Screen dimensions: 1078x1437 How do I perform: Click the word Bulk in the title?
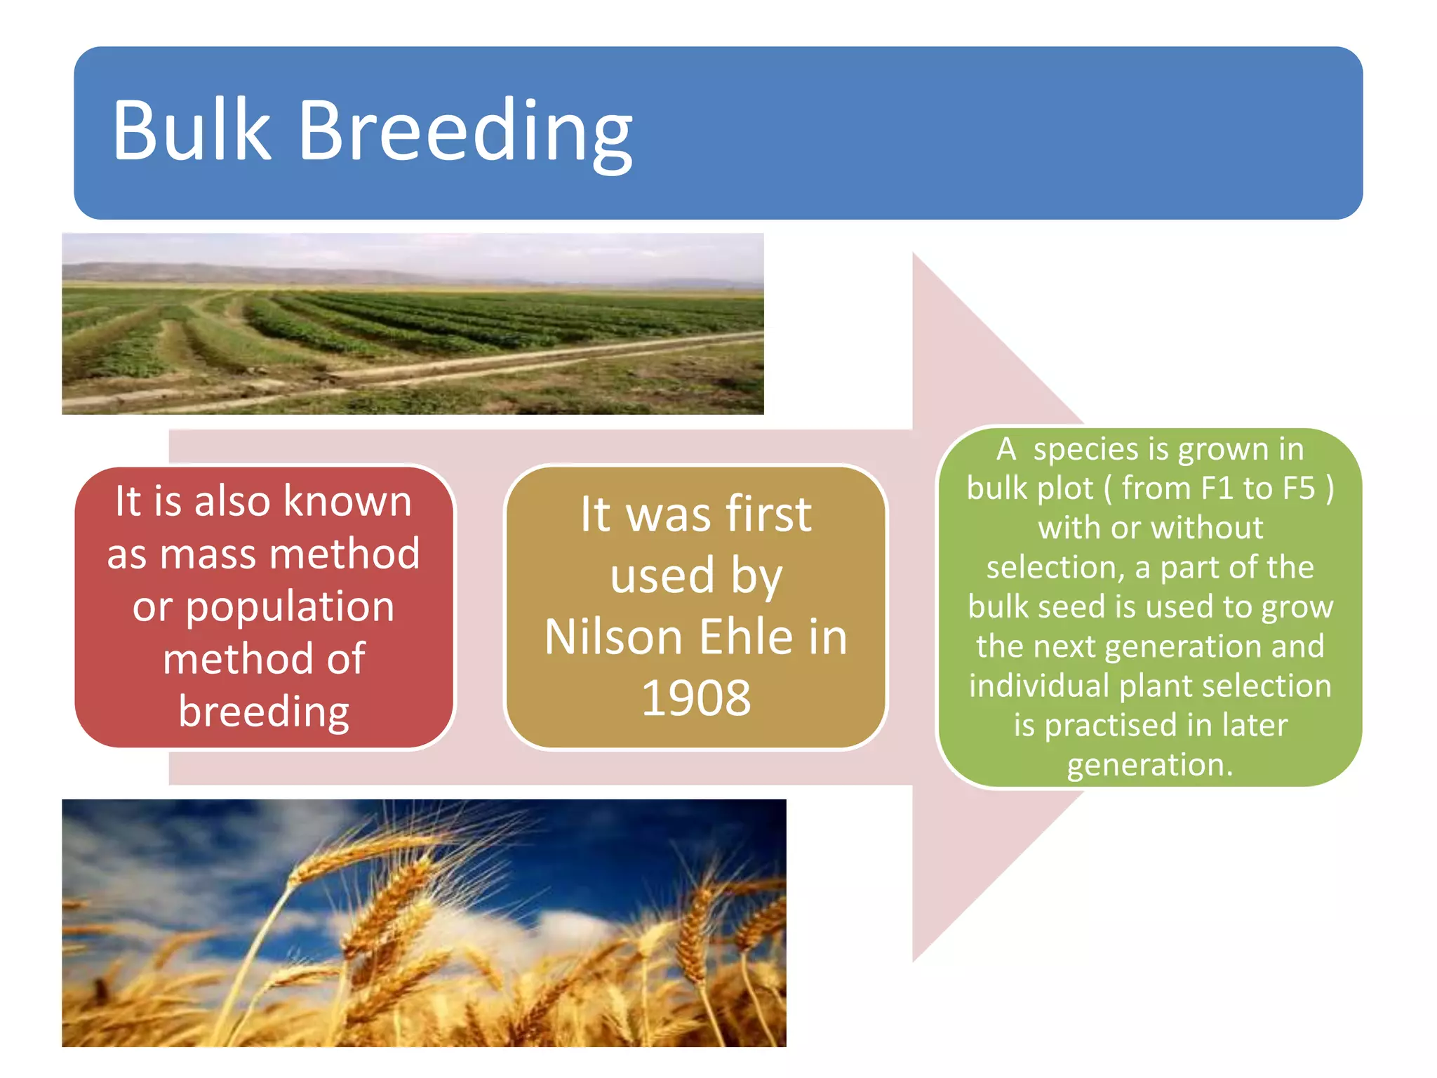(191, 131)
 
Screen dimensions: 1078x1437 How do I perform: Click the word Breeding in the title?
(465, 133)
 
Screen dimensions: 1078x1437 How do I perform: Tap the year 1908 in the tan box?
(696, 698)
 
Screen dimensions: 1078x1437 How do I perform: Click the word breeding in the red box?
(264, 712)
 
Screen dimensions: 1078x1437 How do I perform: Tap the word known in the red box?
(347, 502)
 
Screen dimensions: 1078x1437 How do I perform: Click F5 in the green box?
(1297, 488)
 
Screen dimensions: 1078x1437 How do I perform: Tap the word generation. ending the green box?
(1149, 765)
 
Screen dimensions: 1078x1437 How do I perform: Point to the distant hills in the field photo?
(175, 272)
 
